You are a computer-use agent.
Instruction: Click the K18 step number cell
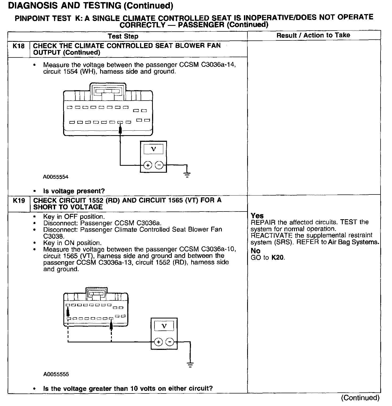coord(19,46)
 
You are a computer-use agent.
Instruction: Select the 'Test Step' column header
coord(123,36)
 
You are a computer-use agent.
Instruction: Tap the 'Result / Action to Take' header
coord(313,35)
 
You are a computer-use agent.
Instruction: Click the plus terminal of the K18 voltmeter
coord(148,165)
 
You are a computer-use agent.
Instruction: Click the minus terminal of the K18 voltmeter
coord(159,165)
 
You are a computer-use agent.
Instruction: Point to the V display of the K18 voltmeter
coord(153,149)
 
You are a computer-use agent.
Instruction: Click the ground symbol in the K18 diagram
coord(187,175)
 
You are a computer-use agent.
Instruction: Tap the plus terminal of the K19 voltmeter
coord(158,342)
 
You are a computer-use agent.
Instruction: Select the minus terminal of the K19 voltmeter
coord(170,342)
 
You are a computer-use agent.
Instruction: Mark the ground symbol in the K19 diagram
coord(190,365)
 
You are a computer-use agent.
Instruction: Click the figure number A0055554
coord(56,177)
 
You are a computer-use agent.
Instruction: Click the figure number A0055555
coord(56,374)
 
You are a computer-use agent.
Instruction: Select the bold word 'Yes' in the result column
coord(257,216)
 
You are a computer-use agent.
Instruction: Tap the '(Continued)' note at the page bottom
coord(360,398)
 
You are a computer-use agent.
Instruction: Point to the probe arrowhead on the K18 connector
coord(120,130)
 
